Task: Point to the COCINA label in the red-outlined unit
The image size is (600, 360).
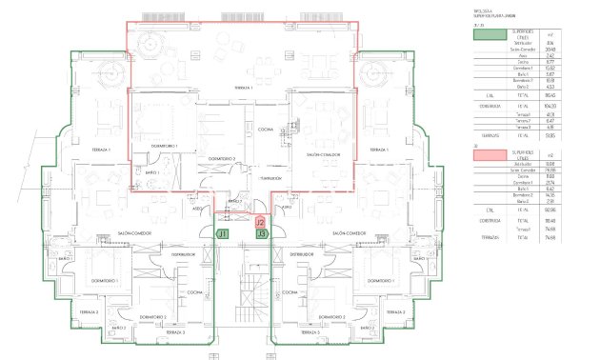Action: coord(264,129)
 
